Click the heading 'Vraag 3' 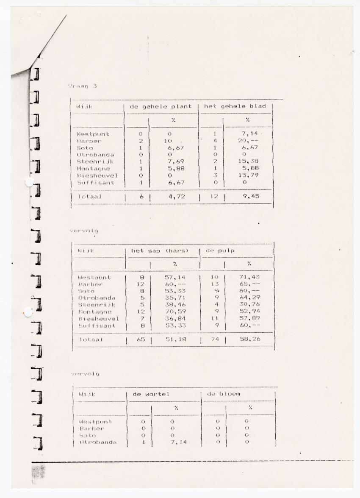pyautogui.click(x=83, y=86)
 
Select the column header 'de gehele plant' pyautogui.click(x=161, y=106)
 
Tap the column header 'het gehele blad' pyautogui.click(x=235, y=106)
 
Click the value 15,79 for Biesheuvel pyautogui.click(x=248, y=175)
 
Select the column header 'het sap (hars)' pyautogui.click(x=160, y=251)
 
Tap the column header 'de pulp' pyautogui.click(x=220, y=251)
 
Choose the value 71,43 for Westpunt pyautogui.click(x=249, y=277)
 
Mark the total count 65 pyautogui.click(x=141, y=339)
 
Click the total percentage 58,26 pyautogui.click(x=249, y=339)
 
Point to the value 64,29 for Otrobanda pyautogui.click(x=249, y=298)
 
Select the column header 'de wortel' pyautogui.click(x=151, y=394)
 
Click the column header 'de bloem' pyautogui.click(x=223, y=394)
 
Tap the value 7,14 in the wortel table pyautogui.click(x=178, y=442)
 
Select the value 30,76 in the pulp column pyautogui.click(x=249, y=304)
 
